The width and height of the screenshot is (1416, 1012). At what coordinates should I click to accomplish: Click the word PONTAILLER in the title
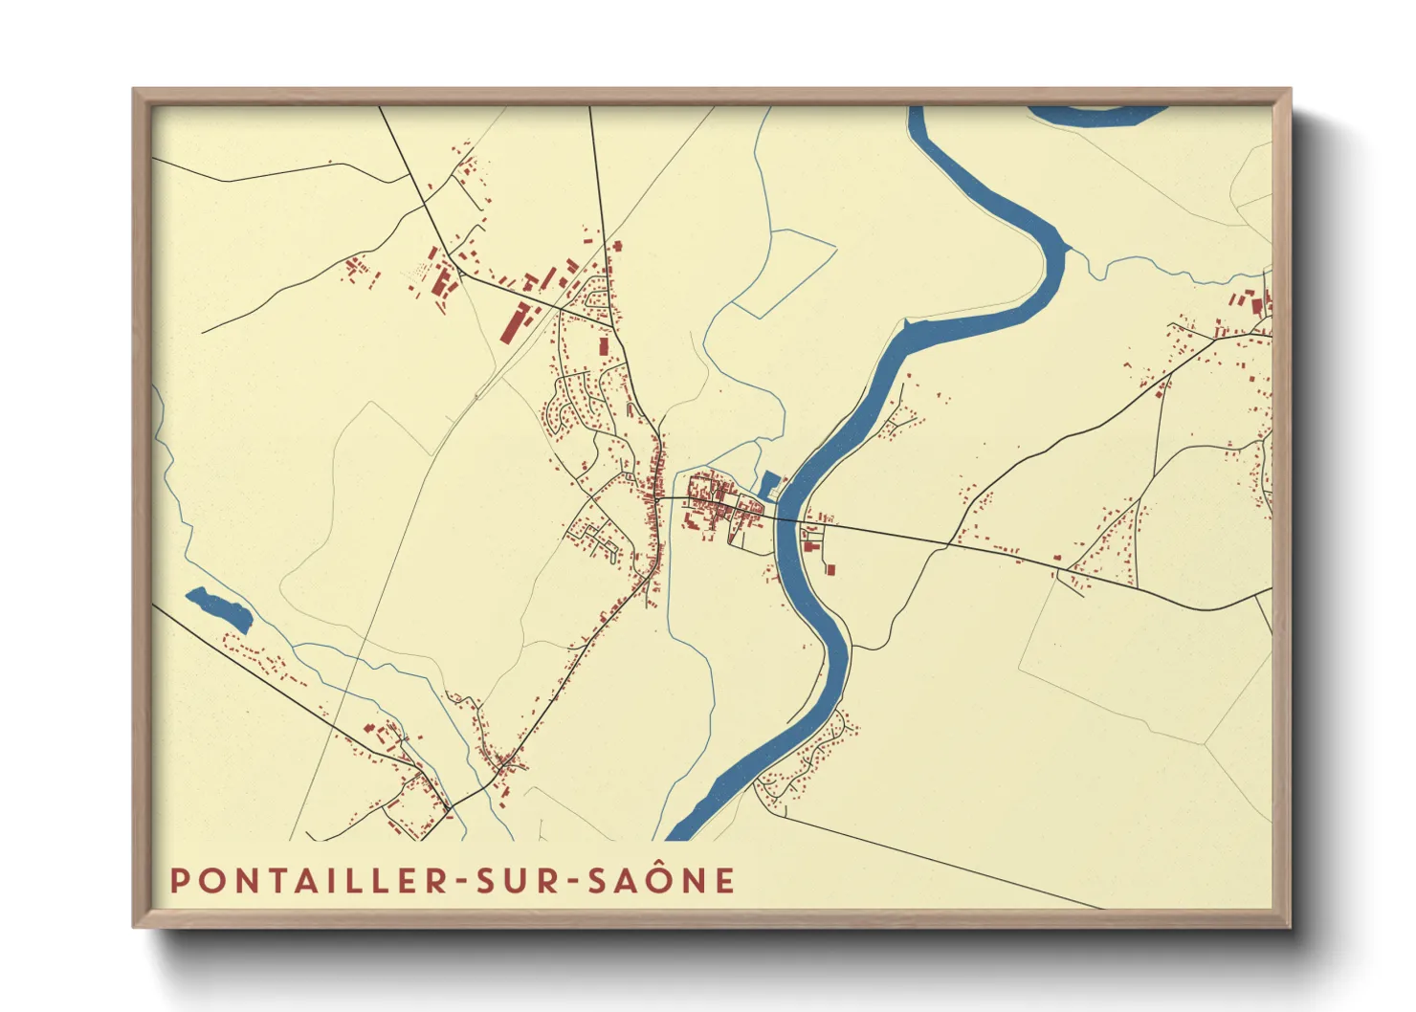coord(308,881)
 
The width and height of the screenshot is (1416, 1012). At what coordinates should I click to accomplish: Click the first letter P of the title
coord(178,881)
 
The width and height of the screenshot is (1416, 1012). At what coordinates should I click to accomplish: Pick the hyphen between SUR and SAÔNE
coord(573,882)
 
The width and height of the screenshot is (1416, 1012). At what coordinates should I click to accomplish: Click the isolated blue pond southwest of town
coord(219,609)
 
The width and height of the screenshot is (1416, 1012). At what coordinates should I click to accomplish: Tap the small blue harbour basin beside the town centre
coord(768,485)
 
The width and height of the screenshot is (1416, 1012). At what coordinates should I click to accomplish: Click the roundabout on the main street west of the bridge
coord(658,499)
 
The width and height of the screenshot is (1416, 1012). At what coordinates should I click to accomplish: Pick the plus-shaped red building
coord(617,246)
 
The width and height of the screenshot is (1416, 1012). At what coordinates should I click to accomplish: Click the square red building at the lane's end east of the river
coord(830,569)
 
